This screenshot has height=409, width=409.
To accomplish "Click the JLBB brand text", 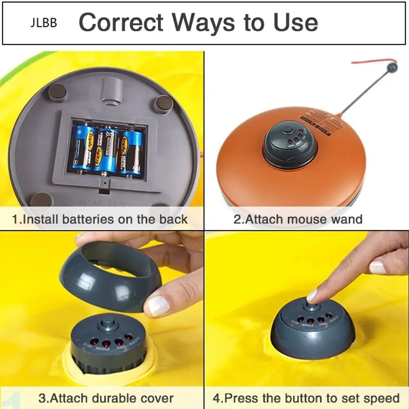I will click(44, 23).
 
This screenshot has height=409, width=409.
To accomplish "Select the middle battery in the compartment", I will click(106, 150).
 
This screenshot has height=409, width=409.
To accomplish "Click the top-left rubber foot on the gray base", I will click(57, 92).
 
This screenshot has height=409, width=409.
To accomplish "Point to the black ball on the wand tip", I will click(392, 67).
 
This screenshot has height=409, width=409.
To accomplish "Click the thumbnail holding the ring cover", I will click(158, 306).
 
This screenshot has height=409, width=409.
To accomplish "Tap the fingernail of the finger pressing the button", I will click(312, 295).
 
